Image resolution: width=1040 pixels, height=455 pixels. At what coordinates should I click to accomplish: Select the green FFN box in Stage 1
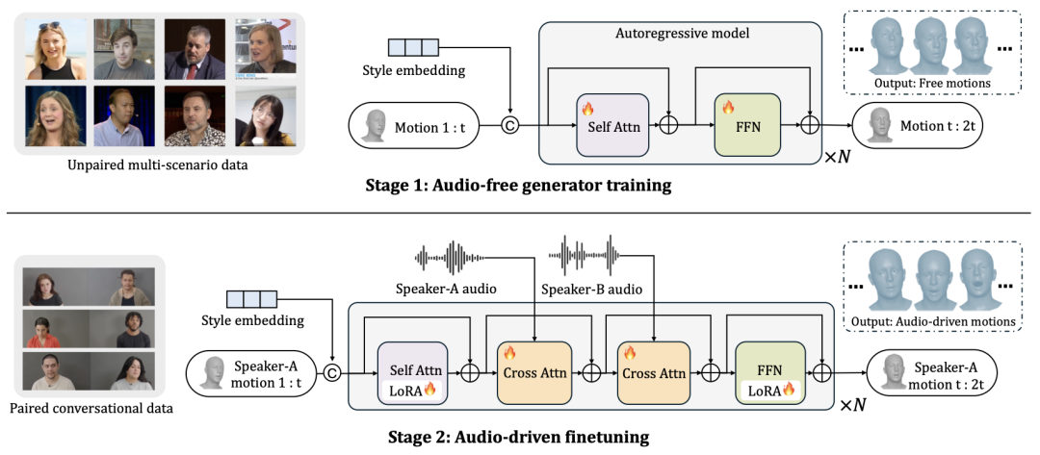743,125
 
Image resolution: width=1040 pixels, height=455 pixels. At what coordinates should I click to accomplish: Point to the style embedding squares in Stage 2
251,299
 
